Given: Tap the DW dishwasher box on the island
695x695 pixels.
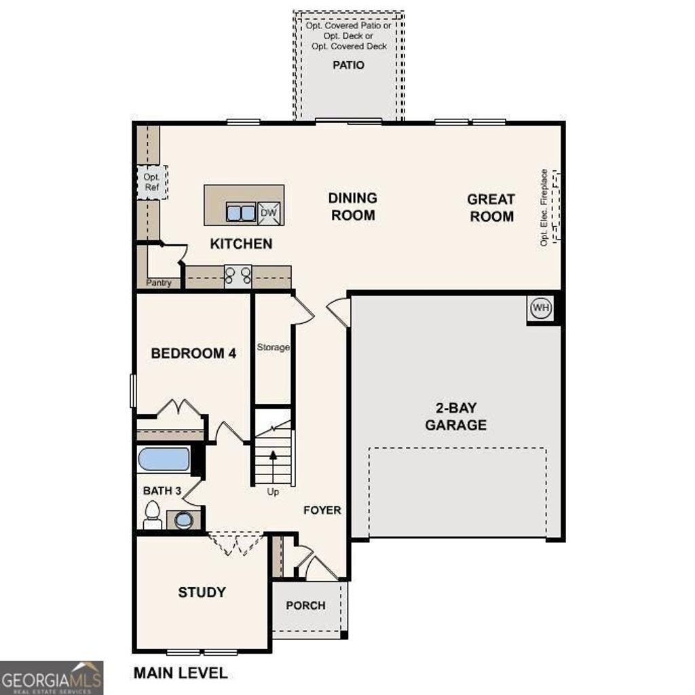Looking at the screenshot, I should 269,213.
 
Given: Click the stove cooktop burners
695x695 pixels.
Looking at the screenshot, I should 238,276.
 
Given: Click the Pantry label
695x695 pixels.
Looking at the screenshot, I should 158,283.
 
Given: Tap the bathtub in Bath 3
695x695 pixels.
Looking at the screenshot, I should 164,459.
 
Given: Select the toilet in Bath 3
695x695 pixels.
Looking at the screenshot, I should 153,515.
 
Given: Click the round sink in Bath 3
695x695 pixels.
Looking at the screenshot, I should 183,520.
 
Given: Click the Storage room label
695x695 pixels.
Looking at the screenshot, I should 273,347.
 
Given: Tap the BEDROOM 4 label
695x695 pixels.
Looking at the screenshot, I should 193,354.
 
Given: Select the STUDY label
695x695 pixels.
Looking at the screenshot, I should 202,593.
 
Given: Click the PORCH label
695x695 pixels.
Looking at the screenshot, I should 305,605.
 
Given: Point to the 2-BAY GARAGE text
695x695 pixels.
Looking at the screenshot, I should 455,417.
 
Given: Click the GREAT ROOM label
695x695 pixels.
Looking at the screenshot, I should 491,208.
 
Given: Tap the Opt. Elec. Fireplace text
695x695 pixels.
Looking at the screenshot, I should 544,208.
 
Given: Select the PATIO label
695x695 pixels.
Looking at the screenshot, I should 348,65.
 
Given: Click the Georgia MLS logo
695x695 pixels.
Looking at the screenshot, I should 52,677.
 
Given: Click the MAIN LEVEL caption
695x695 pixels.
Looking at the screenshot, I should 181,673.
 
